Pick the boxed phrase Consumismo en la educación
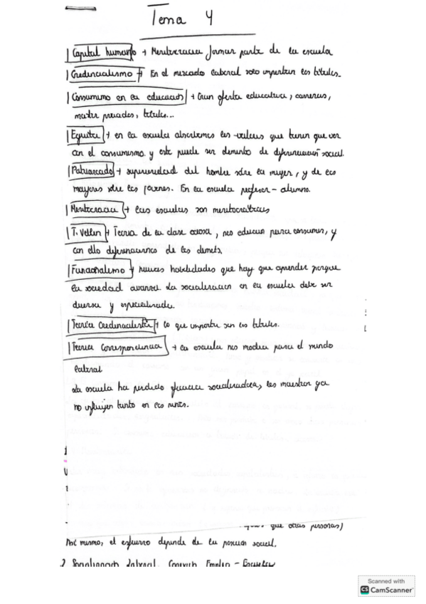pos(124,96)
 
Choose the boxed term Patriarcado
pos(92,172)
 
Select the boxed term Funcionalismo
pos(100,270)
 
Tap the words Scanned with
pos(386,580)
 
